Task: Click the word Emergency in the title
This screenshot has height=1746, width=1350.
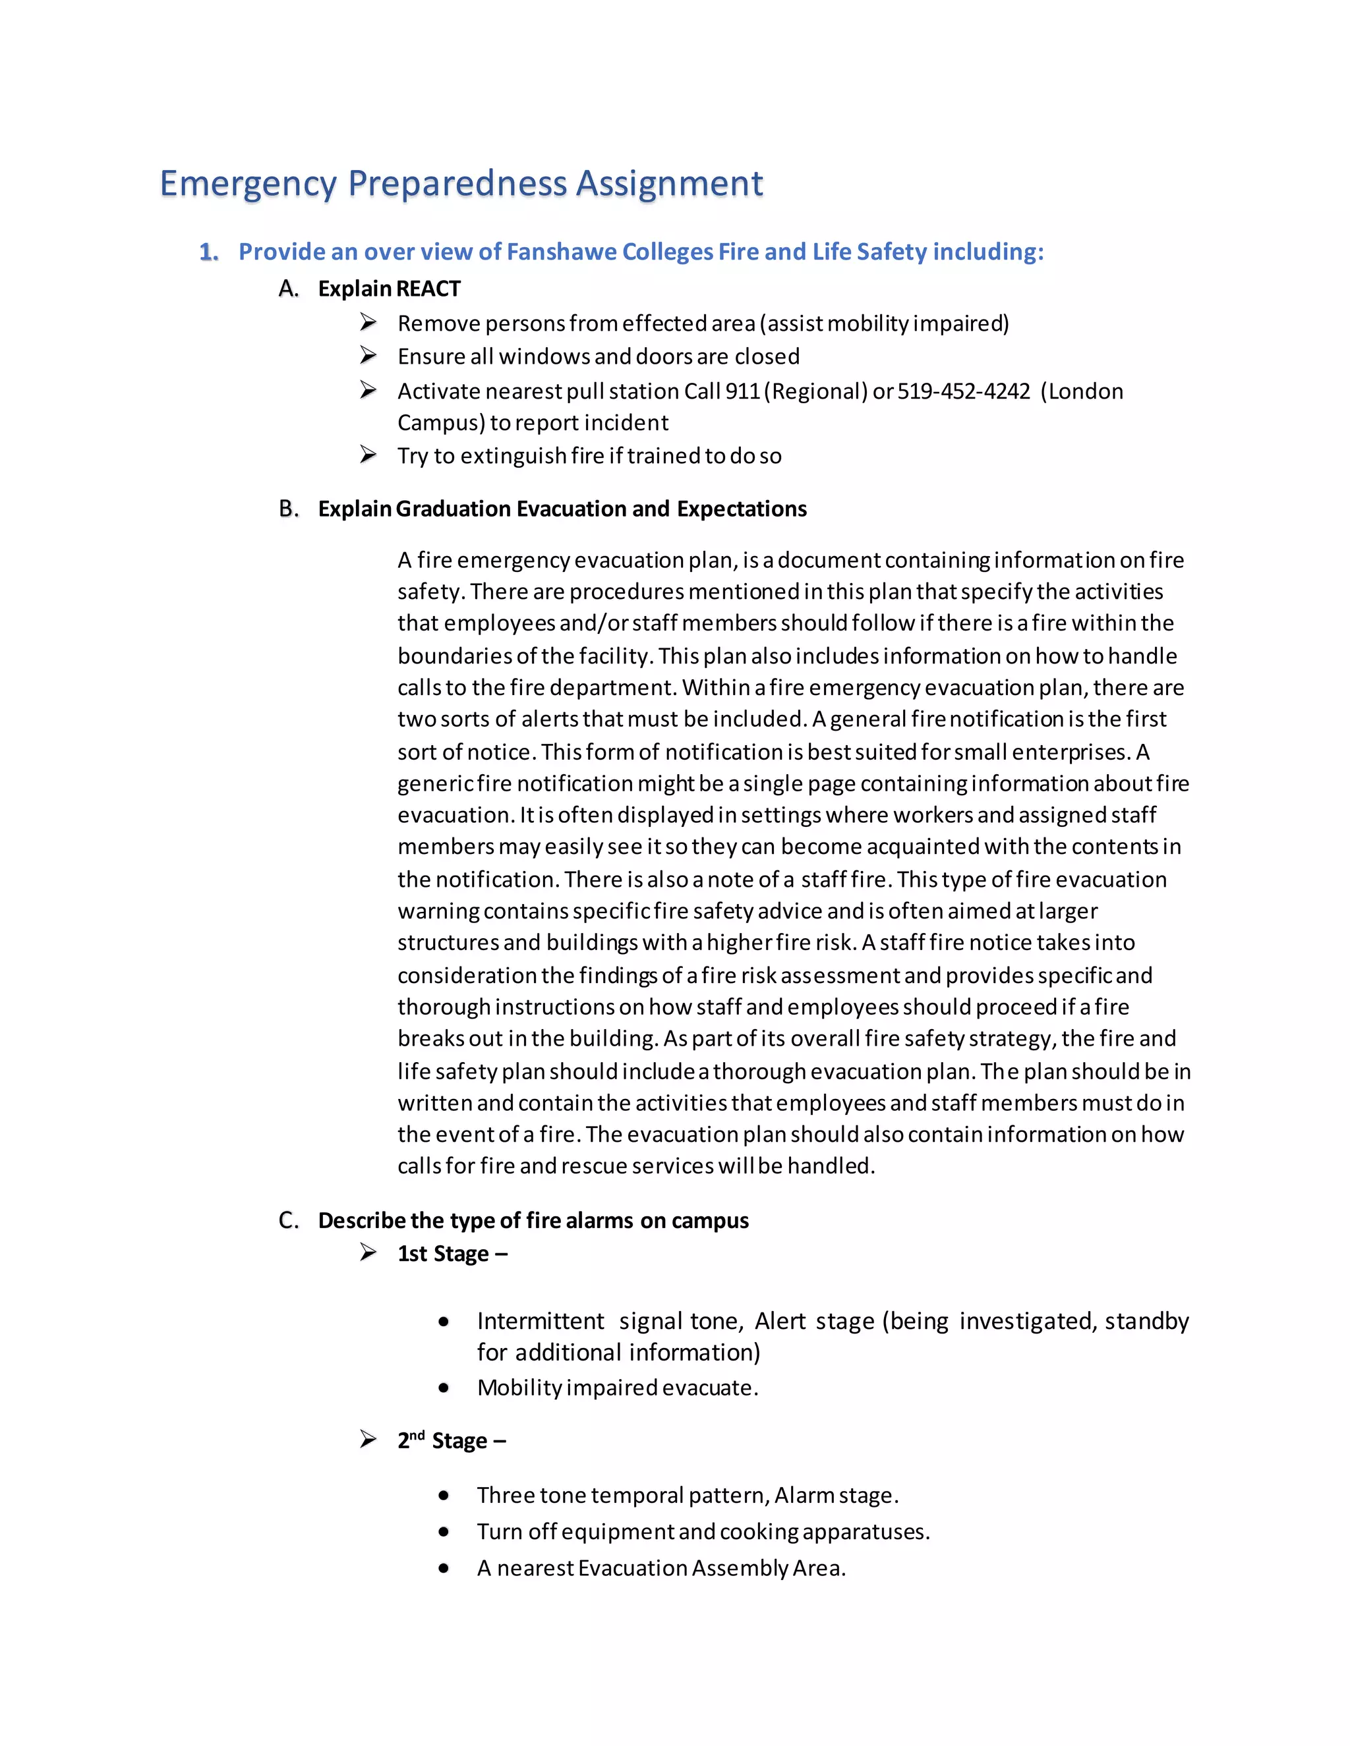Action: [x=248, y=184]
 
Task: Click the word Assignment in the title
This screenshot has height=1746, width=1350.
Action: [x=670, y=184]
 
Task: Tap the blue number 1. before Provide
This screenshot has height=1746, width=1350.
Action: [x=209, y=252]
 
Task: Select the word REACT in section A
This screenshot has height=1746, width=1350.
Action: [x=428, y=289]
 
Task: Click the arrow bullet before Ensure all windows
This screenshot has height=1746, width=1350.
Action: [x=368, y=355]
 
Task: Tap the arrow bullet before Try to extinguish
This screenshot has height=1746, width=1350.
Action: [x=368, y=455]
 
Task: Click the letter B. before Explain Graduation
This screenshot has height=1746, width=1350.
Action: [x=289, y=509]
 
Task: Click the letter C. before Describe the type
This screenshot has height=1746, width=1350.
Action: [x=289, y=1220]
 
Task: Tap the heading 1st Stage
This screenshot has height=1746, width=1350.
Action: [x=452, y=1254]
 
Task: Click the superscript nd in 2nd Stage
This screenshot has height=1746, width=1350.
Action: [x=417, y=1435]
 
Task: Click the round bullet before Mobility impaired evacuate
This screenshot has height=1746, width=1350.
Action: [x=444, y=1388]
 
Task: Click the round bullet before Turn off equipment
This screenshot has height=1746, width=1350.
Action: [x=444, y=1532]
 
